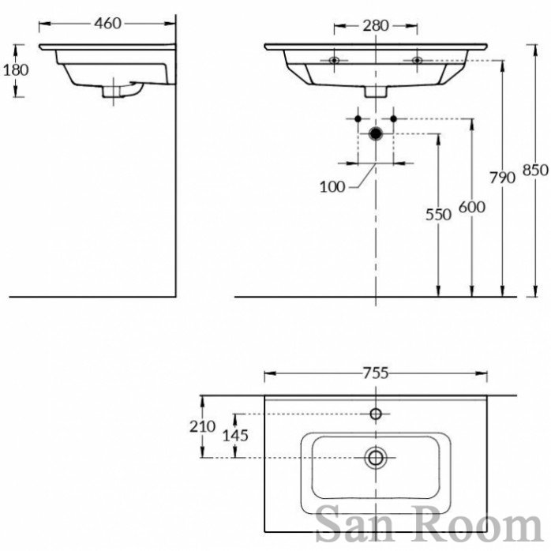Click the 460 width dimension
tap(107, 24)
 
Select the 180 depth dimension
tap(16, 69)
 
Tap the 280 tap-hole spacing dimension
tap(376, 25)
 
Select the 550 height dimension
tap(438, 213)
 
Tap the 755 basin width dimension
tap(375, 373)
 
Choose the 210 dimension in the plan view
tap(204, 426)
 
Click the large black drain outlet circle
tap(376, 133)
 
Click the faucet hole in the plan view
tap(376, 414)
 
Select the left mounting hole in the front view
tap(335, 60)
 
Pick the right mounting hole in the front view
tap(417, 60)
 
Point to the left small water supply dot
tap(358, 118)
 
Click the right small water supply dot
tap(392, 118)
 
